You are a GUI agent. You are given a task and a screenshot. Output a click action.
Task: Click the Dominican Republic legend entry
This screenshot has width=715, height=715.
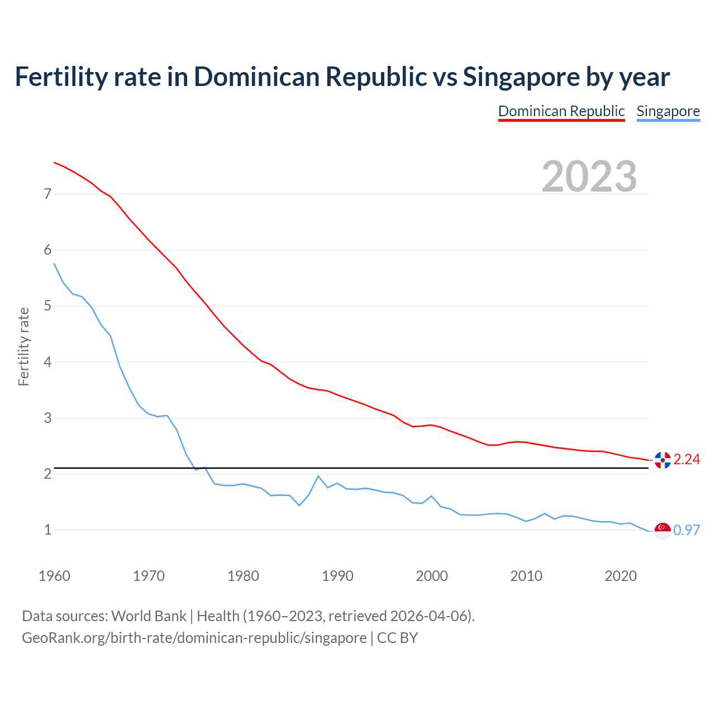[561, 111]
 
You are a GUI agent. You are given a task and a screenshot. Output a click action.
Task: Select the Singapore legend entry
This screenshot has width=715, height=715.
[668, 111]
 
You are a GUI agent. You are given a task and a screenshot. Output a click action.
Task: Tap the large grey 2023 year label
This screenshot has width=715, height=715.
[589, 177]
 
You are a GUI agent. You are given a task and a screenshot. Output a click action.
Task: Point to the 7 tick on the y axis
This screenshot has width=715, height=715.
[48, 194]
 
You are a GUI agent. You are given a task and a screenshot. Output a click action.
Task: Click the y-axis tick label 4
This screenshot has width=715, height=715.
[48, 362]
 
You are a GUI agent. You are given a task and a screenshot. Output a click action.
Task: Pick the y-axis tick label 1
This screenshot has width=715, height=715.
[48, 530]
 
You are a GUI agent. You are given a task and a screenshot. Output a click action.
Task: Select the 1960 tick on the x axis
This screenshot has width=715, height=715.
[54, 576]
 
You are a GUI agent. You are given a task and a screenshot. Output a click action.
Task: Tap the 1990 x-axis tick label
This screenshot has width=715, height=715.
[337, 576]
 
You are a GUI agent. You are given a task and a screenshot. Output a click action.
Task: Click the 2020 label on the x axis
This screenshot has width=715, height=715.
[621, 576]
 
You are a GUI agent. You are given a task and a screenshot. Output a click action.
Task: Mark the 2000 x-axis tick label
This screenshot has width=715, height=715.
[432, 576]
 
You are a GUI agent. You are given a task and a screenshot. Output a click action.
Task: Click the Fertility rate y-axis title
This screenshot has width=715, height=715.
[23, 346]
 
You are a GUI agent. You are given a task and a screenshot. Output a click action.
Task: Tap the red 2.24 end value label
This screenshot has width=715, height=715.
[687, 459]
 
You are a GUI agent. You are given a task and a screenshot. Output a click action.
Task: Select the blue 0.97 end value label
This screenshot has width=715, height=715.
[687, 530]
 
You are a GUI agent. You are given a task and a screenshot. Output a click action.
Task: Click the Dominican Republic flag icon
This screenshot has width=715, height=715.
[662, 460]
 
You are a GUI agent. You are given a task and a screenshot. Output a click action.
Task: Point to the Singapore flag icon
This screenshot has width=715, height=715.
[662, 531]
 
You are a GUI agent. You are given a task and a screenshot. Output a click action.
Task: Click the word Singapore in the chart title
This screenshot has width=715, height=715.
[521, 77]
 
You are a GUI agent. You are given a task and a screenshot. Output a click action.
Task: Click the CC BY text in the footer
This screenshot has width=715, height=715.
[397, 638]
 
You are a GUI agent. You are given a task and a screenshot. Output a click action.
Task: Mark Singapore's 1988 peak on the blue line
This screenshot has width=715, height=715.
[318, 476]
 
